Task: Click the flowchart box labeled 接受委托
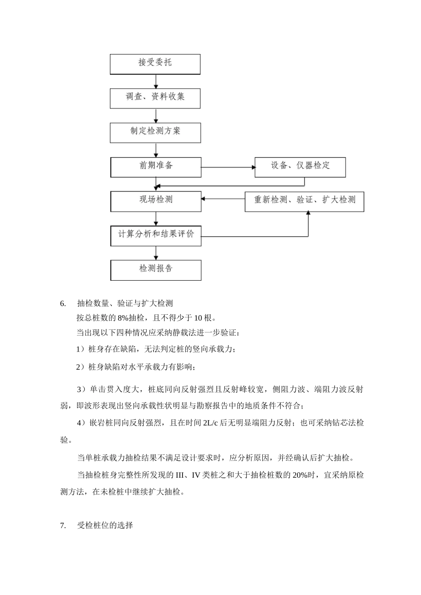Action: pyautogui.click(x=155, y=64)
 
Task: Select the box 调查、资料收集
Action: pyautogui.click(x=155, y=98)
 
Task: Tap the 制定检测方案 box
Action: pyautogui.click(x=155, y=132)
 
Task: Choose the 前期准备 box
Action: pyautogui.click(x=156, y=167)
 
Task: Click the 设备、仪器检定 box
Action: pyautogui.click(x=300, y=167)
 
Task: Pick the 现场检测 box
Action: pyautogui.click(x=156, y=201)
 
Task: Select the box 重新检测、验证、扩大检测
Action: pyautogui.click(x=304, y=201)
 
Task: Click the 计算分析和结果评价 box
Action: pyautogui.click(x=156, y=236)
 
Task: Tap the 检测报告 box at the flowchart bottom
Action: pyautogui.click(x=156, y=270)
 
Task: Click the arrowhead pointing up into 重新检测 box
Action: pyautogui.click(x=308, y=213)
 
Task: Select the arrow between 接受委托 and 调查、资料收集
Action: pyautogui.click(x=156, y=81)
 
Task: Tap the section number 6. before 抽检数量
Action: pyautogui.click(x=63, y=304)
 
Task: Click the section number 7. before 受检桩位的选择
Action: pyautogui.click(x=63, y=526)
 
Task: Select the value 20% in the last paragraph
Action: pyautogui.click(x=296, y=475)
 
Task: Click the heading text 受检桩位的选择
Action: pyautogui.click(x=105, y=526)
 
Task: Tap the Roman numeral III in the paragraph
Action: pyautogui.click(x=180, y=475)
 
